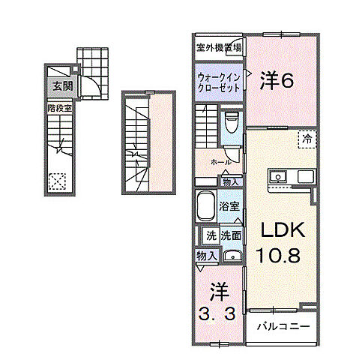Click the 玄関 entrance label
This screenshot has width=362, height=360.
point(61,86)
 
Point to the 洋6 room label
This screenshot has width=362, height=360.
point(276,80)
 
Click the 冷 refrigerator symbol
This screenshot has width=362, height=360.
point(308,137)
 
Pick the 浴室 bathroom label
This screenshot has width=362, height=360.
point(229,204)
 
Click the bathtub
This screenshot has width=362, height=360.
point(205,205)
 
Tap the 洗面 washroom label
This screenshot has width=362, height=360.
point(230,235)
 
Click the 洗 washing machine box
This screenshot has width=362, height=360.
point(211,235)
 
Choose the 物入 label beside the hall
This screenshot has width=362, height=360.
point(230,181)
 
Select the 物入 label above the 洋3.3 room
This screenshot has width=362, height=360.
point(206,256)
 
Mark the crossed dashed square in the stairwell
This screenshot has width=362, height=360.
point(57,181)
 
